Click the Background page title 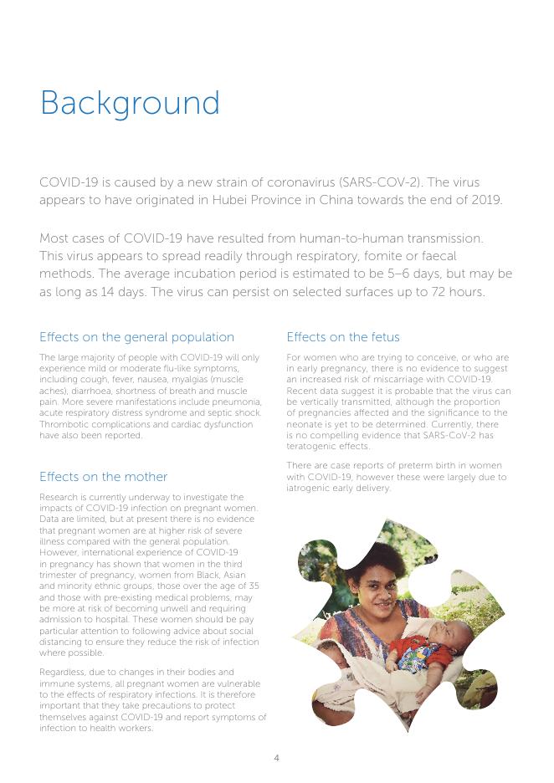[x=130, y=104]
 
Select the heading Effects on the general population [x=136, y=337]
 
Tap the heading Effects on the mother [x=103, y=477]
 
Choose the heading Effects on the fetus [x=343, y=337]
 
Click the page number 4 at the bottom [x=276, y=758]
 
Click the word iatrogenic [x=310, y=488]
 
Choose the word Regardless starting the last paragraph [x=64, y=673]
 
